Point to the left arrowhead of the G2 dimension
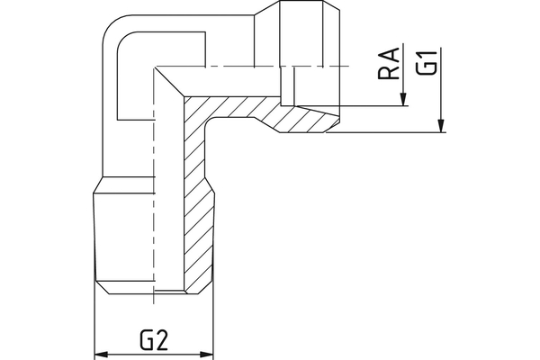[101, 354]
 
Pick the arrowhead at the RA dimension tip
[404, 101]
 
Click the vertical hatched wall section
[197, 216]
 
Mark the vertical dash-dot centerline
[155, 180]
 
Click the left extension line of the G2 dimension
[94, 324]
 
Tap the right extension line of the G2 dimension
[213, 324]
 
